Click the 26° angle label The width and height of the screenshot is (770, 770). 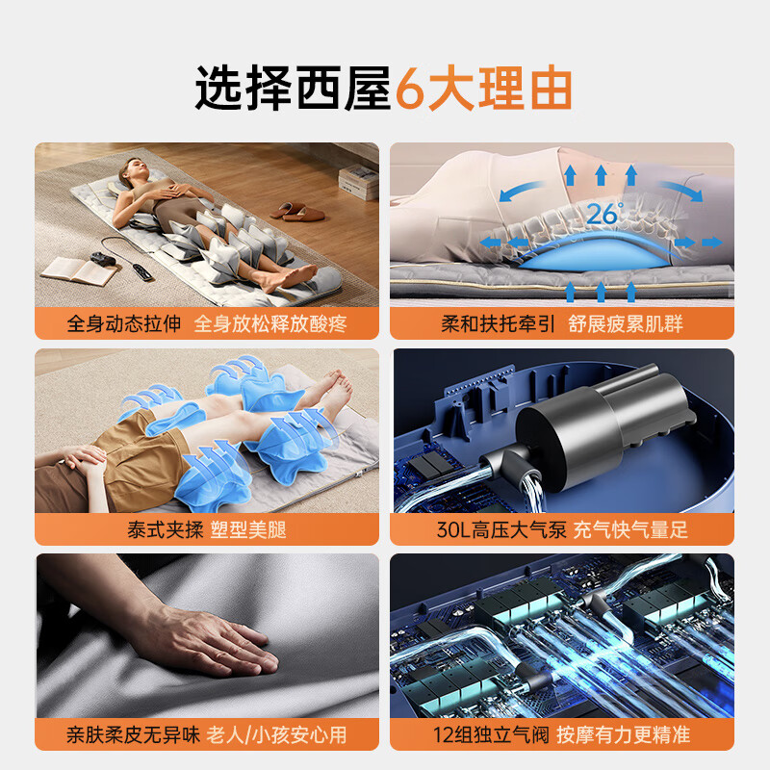[605, 214]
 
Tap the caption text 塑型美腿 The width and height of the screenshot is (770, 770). [248, 528]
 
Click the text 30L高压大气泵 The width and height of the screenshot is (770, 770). [498, 528]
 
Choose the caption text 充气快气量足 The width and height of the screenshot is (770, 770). [631, 528]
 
